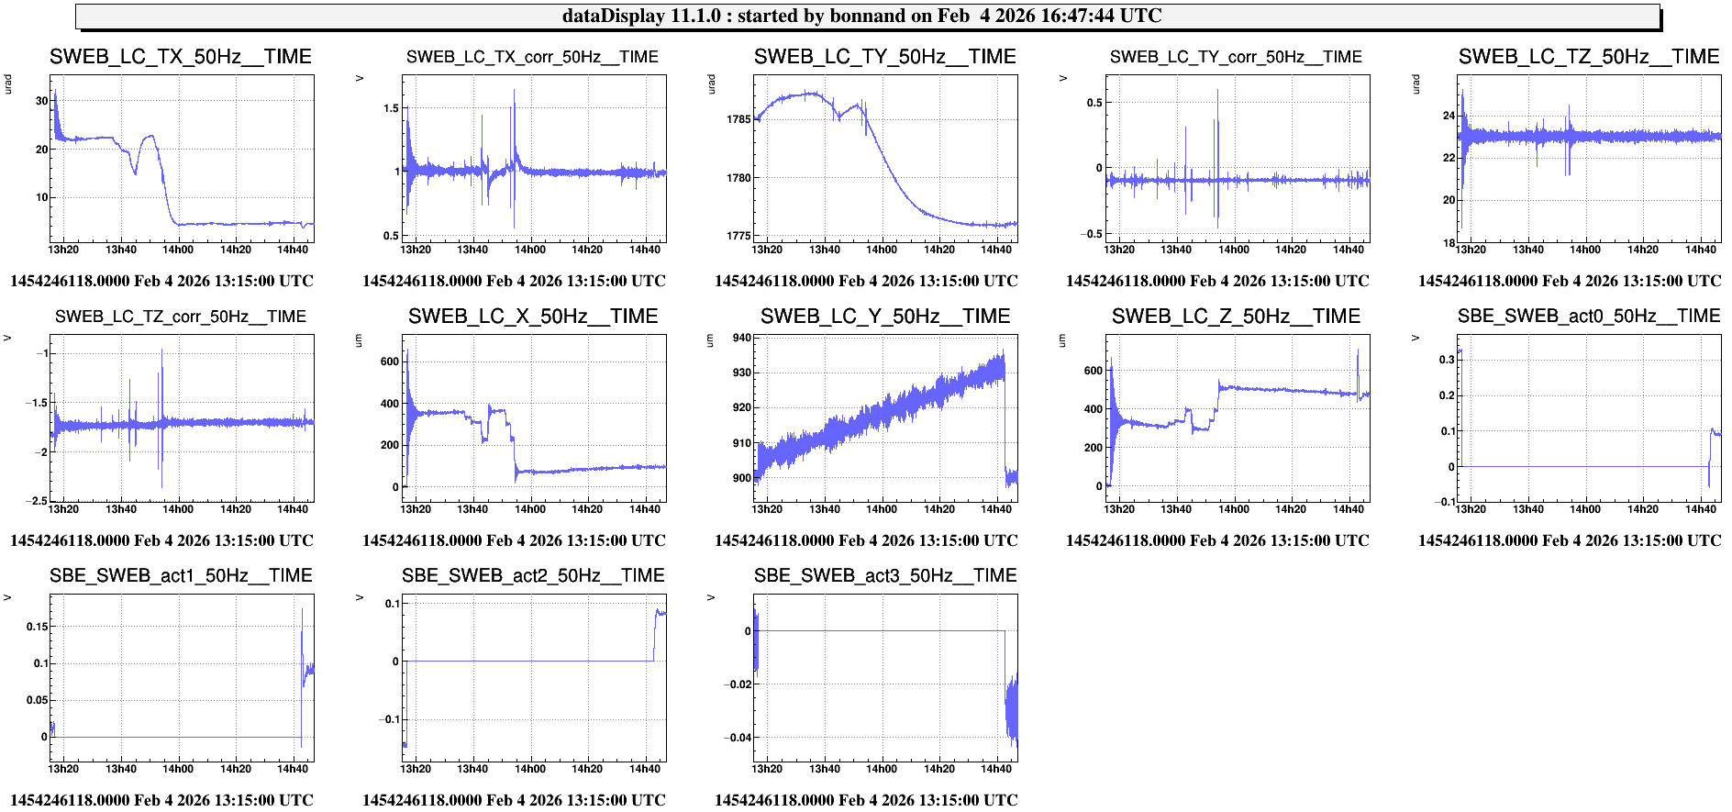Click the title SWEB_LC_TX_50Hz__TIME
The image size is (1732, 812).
(x=181, y=57)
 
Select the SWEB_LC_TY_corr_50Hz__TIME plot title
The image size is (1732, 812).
(x=1236, y=57)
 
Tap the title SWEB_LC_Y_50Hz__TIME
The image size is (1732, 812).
(x=885, y=317)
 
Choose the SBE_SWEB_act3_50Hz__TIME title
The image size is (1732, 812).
(x=885, y=576)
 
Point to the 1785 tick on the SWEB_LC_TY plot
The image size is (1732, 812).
(x=738, y=119)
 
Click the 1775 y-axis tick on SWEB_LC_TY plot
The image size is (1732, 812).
(x=738, y=236)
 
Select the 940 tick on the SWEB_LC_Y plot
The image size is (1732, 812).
(x=741, y=338)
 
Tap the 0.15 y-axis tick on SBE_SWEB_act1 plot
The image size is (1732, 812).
(x=38, y=627)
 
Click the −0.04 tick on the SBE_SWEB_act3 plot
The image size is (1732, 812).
(x=738, y=738)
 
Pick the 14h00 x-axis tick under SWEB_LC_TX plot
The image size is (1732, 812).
(x=178, y=250)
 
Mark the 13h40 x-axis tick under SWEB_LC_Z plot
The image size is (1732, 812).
(x=1176, y=509)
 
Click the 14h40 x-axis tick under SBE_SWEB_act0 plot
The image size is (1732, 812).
(x=1700, y=509)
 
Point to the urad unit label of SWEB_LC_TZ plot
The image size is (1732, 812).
(x=1416, y=84)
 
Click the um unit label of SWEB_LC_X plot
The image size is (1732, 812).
(x=359, y=341)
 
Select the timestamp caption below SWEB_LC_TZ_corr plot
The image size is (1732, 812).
(x=161, y=540)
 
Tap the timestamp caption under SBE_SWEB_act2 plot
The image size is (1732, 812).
(x=514, y=800)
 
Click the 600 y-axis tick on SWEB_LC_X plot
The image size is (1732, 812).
(x=390, y=362)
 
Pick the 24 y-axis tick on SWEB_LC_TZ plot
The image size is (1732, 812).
(x=1449, y=116)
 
